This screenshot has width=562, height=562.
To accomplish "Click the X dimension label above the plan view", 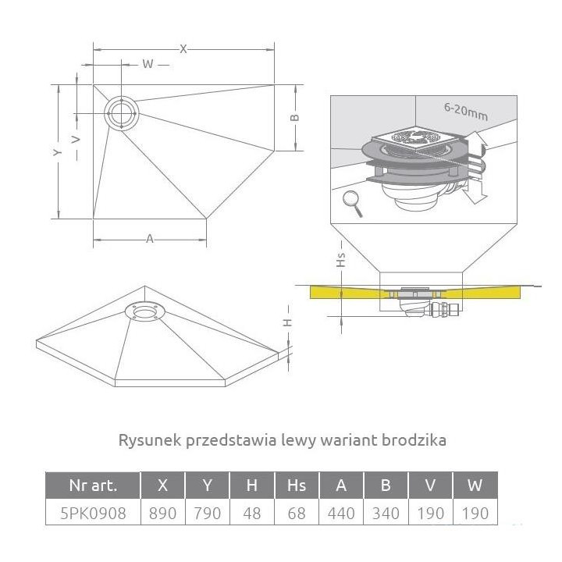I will pyautogui.click(x=183, y=48).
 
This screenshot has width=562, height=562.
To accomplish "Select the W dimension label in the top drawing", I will pyautogui.click(x=146, y=64).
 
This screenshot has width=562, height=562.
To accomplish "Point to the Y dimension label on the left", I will pyautogui.click(x=57, y=153).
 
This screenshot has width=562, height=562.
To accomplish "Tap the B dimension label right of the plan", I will pyautogui.click(x=294, y=117).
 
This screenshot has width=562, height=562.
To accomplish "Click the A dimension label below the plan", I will pyautogui.click(x=150, y=239).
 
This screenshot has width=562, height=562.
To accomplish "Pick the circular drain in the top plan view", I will pyautogui.click(x=122, y=113).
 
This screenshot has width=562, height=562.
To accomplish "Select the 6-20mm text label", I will pyautogui.click(x=466, y=112).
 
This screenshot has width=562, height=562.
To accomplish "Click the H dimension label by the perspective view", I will pyautogui.click(x=286, y=322).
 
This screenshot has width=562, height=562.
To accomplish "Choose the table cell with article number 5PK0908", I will pyautogui.click(x=92, y=513).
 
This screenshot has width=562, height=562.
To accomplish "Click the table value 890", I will pyautogui.click(x=162, y=513).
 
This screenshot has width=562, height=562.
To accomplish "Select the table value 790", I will pyautogui.click(x=207, y=513).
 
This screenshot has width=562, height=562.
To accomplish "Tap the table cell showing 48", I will pyautogui.click(x=251, y=513).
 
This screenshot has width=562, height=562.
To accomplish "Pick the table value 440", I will pyautogui.click(x=341, y=513).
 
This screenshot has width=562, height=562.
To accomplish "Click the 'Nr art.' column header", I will pyautogui.click(x=92, y=486).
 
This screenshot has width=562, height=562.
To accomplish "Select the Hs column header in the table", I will pyautogui.click(x=297, y=486).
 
